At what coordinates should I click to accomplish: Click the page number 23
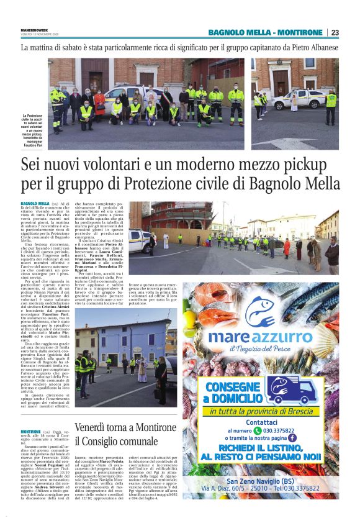pos(335,32)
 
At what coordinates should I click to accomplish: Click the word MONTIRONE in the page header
pos(300,32)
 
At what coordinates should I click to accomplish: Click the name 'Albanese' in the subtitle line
pos(319,47)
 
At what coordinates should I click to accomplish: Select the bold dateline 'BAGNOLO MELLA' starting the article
pos(35,203)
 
